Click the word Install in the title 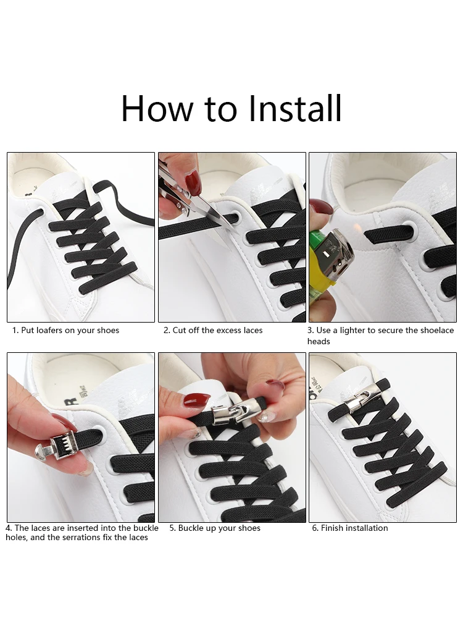tap(295, 108)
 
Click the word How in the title tap(157, 108)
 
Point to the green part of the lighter tap(317, 240)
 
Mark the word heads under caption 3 tap(319, 341)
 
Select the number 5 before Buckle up tap(172, 528)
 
